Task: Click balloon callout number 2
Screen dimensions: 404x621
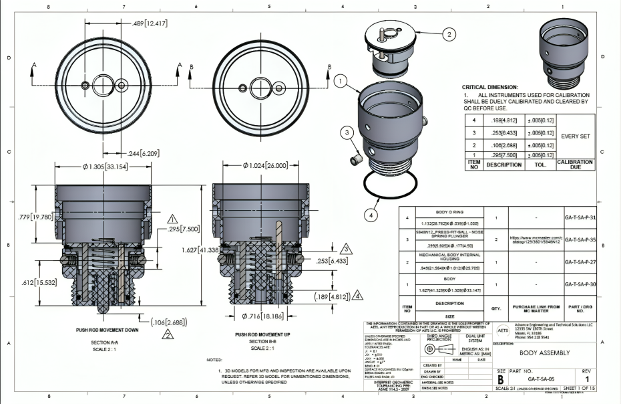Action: [449, 33]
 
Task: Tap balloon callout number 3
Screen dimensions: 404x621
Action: [347, 133]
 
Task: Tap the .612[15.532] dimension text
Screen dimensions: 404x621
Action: [29, 265]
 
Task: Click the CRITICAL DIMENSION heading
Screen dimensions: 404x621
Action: [489, 87]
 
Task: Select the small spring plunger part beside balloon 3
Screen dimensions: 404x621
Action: [358, 159]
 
